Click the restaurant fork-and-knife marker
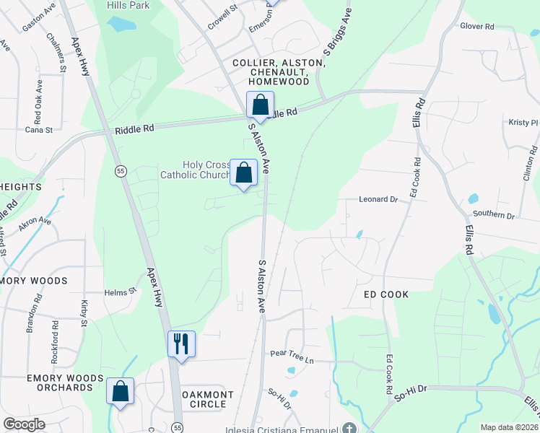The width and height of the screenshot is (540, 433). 181,344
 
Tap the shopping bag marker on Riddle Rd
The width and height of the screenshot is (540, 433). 260,105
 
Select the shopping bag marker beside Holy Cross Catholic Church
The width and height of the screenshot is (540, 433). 244,172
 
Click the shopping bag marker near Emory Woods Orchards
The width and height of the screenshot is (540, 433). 121,391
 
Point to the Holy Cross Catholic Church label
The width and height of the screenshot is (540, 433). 193,169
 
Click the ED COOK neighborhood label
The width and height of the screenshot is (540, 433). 386,294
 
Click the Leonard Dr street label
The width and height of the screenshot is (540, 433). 379,199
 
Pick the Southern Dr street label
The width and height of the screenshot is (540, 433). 494,215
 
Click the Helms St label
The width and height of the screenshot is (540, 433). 121,292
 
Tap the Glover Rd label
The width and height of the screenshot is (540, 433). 476,26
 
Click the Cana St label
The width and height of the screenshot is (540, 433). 39,130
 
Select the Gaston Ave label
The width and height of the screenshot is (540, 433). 39,25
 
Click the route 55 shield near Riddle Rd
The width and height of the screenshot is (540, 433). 121,170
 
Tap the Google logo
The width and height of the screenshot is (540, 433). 24,424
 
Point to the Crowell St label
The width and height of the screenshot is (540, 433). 222,12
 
